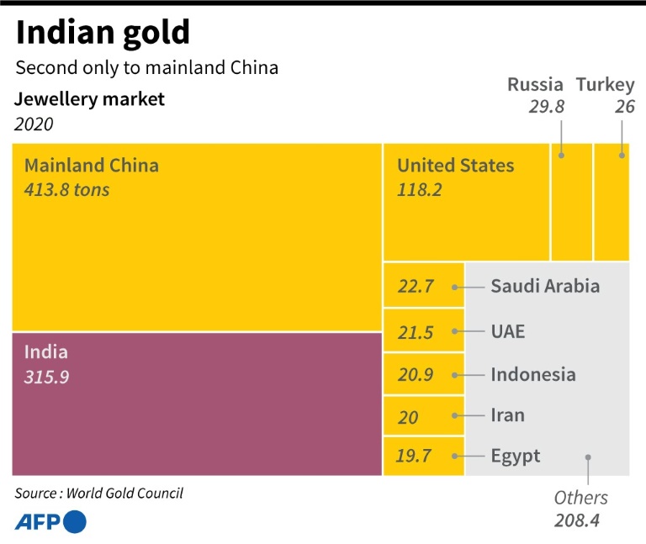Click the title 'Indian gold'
pyautogui.click(x=103, y=33)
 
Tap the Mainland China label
pyautogui.click(x=91, y=165)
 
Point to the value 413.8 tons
pyautogui.click(x=67, y=189)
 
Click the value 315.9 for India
pyautogui.click(x=47, y=377)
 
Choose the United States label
pyautogui.click(x=455, y=165)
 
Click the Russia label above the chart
pyautogui.click(x=535, y=84)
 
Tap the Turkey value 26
pyautogui.click(x=625, y=107)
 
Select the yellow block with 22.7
pyautogui.click(x=423, y=286)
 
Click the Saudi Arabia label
pyautogui.click(x=545, y=286)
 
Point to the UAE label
pyautogui.click(x=508, y=331)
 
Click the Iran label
pyautogui.click(x=507, y=415)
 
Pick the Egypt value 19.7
pyautogui.click(x=416, y=457)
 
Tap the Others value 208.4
pyautogui.click(x=576, y=520)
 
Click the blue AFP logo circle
pyautogui.click(x=75, y=522)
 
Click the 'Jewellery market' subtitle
pyautogui.click(x=89, y=99)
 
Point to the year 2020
pyautogui.click(x=34, y=124)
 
